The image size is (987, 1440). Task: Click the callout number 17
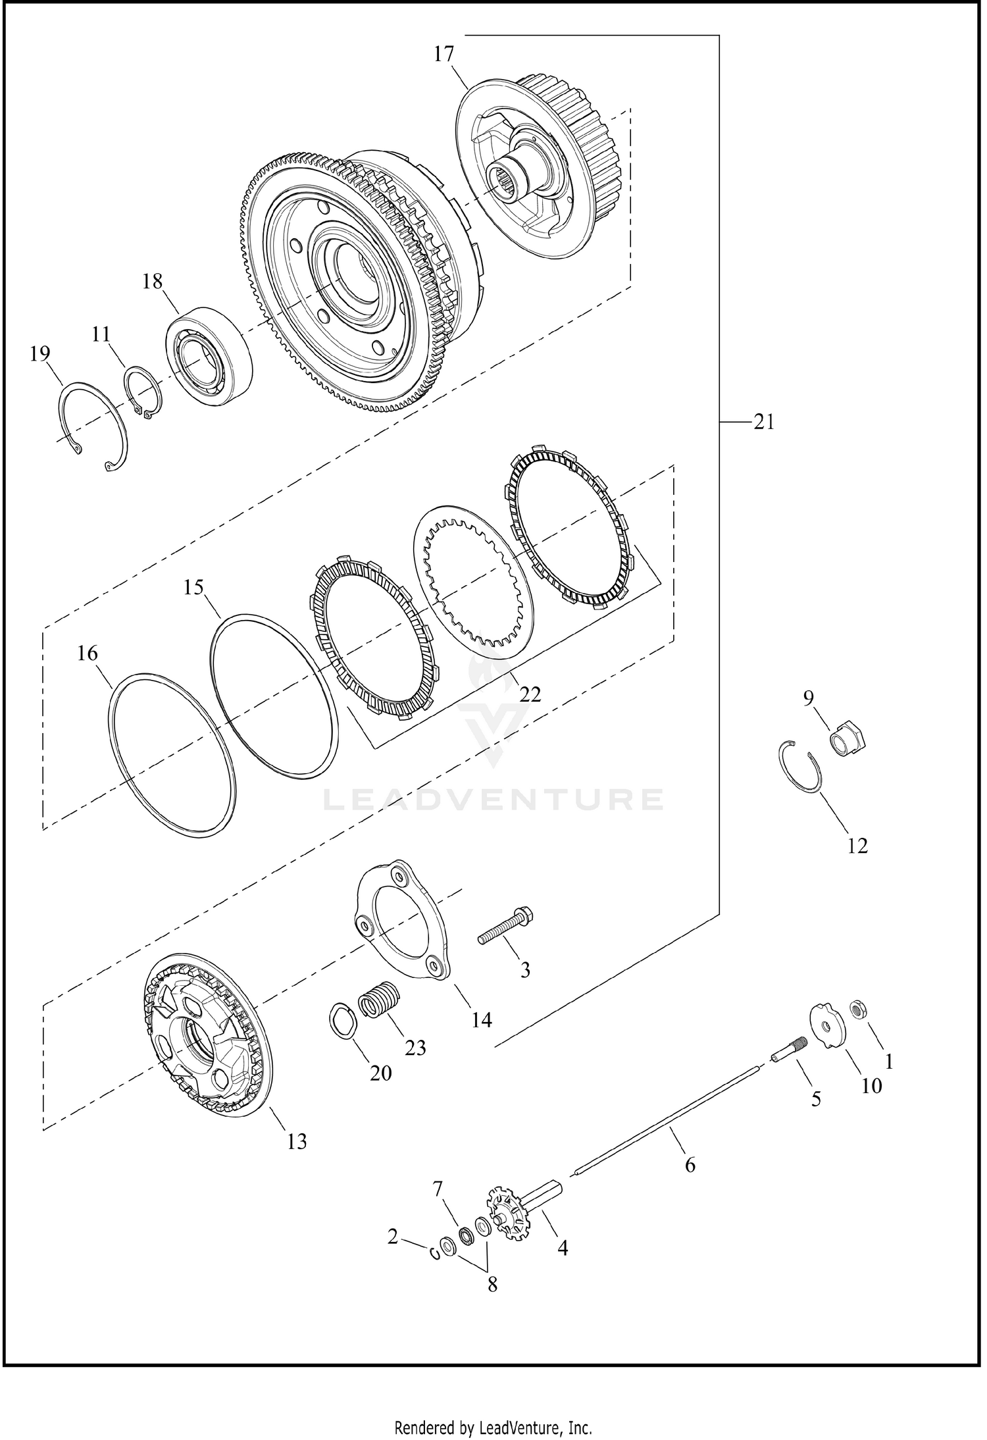[444, 54]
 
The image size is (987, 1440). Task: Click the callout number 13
[297, 1142]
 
